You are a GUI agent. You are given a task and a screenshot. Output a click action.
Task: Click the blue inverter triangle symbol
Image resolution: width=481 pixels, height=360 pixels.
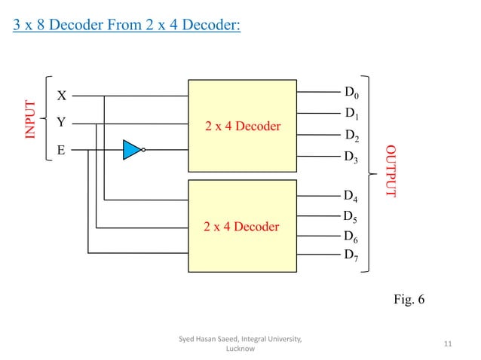tap(133, 149)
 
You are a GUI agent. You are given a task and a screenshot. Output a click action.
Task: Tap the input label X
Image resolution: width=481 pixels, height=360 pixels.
tap(62, 96)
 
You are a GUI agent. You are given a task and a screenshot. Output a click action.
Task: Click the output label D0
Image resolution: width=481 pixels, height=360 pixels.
tap(352, 93)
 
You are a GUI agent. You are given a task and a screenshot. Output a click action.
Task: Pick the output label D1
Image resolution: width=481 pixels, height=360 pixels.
tap(352, 114)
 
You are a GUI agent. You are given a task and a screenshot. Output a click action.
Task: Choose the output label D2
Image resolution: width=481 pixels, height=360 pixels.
tap(352, 136)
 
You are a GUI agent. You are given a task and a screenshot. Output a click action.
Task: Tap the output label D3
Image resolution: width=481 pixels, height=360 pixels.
tap(351, 157)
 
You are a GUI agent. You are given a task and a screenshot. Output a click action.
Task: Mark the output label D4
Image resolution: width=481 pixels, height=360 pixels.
tap(351, 197)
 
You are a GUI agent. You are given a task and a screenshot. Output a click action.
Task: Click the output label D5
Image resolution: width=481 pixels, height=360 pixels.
tap(351, 217)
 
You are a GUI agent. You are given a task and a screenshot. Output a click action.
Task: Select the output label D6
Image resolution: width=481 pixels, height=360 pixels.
tap(351, 236)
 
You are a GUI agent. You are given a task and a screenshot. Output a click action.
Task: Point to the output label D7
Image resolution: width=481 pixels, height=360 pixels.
tap(351, 255)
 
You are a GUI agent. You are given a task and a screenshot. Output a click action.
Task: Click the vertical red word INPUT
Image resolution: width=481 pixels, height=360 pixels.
tap(30, 119)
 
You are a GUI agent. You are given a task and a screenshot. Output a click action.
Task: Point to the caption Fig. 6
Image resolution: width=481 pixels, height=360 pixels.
tap(409, 300)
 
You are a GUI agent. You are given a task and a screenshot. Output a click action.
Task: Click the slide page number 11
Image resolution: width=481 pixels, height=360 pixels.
tap(448, 344)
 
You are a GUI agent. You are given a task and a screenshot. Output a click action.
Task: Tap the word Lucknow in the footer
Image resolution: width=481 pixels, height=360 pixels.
tap(240, 349)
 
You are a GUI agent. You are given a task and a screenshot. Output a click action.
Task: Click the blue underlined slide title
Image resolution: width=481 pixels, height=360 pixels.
tap(127, 27)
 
